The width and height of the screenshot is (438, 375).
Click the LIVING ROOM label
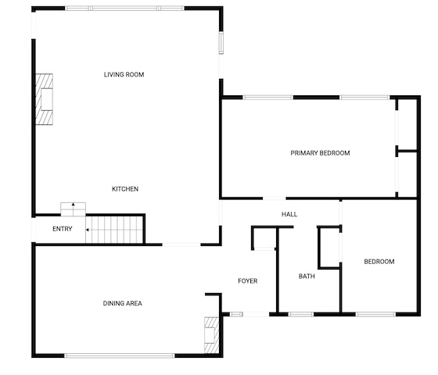pos(124,74)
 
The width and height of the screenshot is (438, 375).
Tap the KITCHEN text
pos(125,189)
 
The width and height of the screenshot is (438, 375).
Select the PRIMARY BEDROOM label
pos(320,153)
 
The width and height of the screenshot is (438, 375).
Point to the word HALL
pos(289,214)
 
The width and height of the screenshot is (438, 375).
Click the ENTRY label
pos(63,229)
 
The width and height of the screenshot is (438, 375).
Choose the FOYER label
pos(248,281)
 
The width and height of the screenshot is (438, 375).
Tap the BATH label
pos(307,277)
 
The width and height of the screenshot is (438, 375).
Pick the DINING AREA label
pos(123,303)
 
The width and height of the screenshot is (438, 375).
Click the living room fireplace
pos(44,99)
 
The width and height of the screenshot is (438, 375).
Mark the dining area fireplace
pos(212,335)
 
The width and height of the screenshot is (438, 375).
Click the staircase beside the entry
pos(114,230)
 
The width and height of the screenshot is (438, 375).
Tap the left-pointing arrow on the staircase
pos(88,230)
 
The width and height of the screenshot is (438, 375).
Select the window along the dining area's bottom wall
pos(120,355)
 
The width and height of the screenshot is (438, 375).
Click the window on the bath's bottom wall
pos(301,314)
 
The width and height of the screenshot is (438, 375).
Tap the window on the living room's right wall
pos(221,43)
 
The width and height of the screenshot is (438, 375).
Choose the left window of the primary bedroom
pos(267,98)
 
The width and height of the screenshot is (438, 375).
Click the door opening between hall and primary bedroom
pos(275,198)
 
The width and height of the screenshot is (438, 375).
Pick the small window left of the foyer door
pos(236,314)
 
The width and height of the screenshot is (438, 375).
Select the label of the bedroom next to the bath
pos(379,262)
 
